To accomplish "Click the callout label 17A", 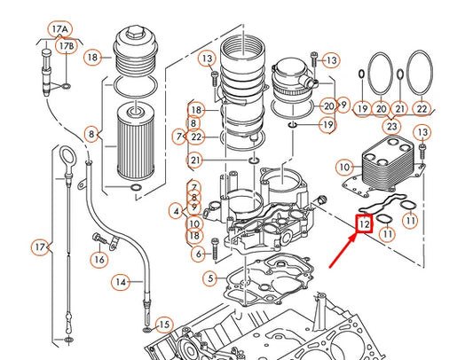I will coord(59,27).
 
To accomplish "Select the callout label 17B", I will coord(66,45).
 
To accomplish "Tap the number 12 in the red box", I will coord(364,225).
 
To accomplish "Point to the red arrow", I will coord(344,254).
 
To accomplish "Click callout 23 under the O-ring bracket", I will coord(390,126).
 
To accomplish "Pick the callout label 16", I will coord(99,259).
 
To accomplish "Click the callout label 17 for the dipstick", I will coord(39,246).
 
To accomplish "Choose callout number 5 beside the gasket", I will coord(209,278).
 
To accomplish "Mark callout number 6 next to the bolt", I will coord(200,254).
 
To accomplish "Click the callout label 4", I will coord(176,211).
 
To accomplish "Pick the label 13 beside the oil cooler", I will coord(422,132).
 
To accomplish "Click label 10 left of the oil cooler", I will coord(344,166).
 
